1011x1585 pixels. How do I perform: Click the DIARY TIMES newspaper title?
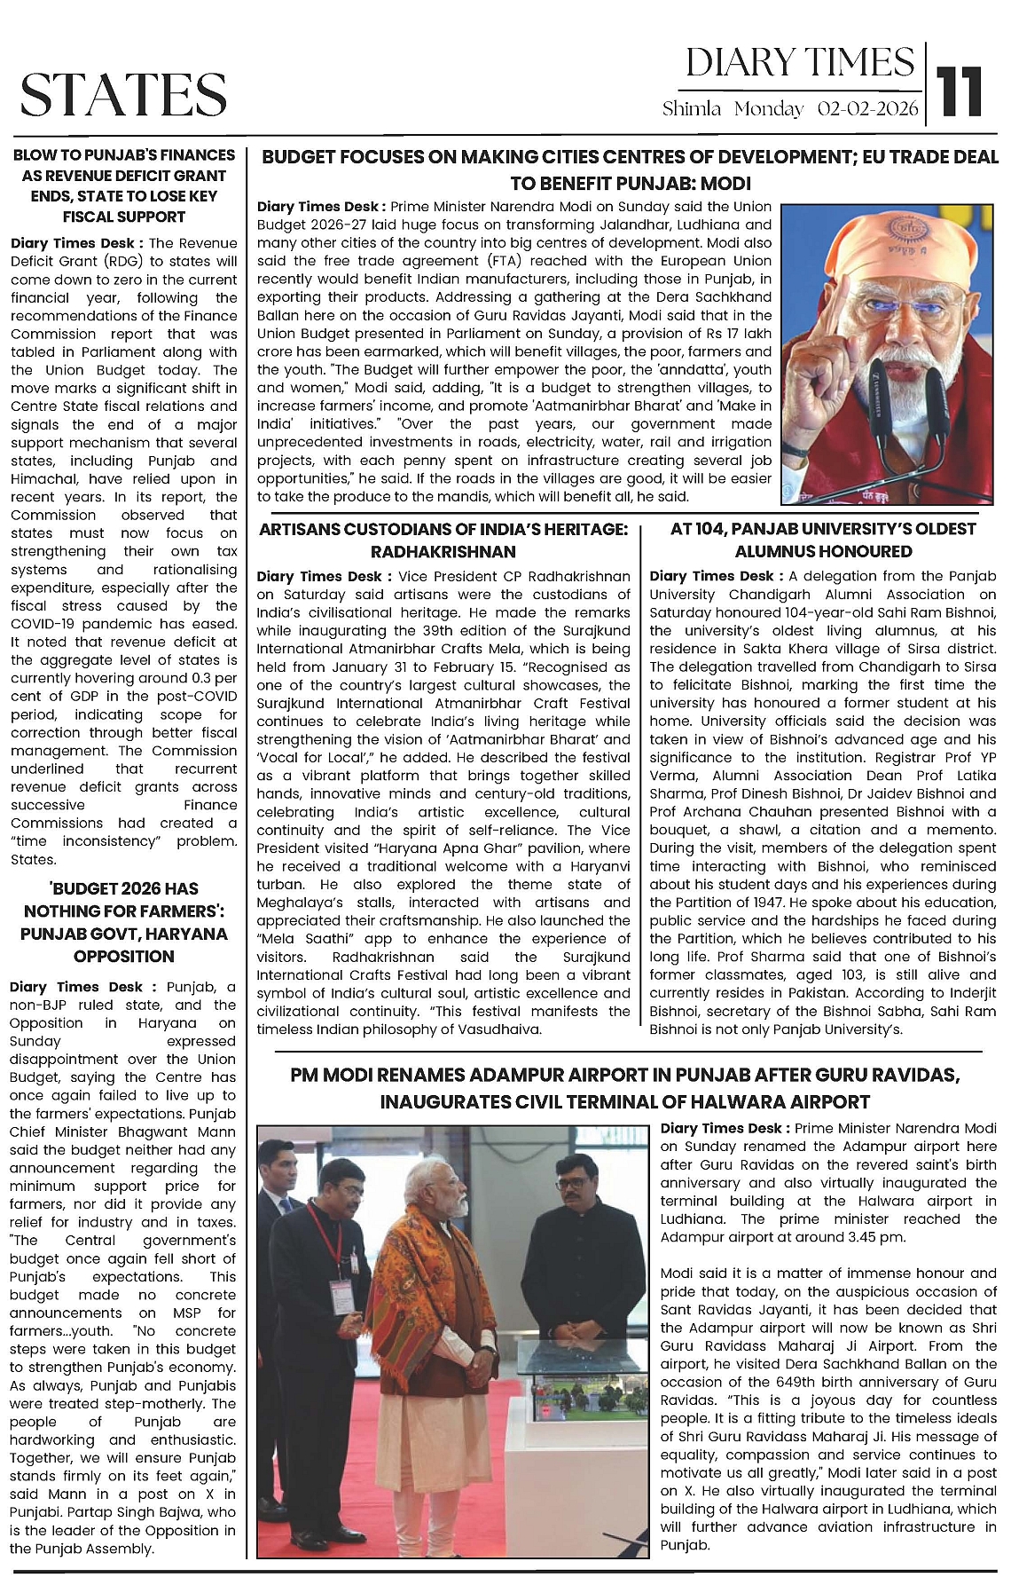[799, 63]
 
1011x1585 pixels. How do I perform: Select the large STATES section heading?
[123, 94]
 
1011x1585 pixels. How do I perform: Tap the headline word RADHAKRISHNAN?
[443, 552]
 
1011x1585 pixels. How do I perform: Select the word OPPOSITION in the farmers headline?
[123, 956]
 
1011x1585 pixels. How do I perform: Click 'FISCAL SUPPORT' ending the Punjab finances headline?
[123, 217]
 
